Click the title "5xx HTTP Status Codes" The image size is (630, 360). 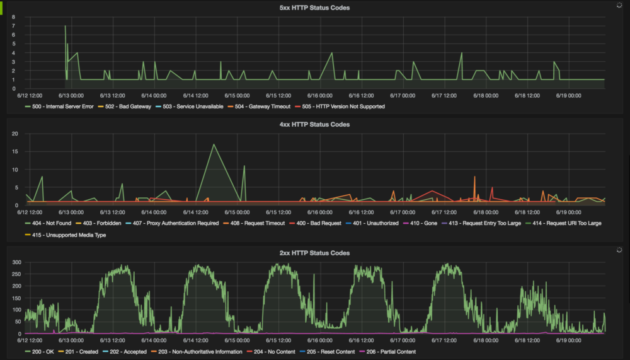[x=314, y=8]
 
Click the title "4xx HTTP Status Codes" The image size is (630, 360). [x=314, y=124]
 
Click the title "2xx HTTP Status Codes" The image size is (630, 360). [x=314, y=253]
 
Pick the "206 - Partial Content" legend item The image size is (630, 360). [x=391, y=352]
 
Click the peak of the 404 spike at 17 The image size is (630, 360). [x=214, y=144]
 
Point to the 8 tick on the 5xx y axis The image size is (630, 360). [x=13, y=17]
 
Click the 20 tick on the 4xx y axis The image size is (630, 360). [x=14, y=134]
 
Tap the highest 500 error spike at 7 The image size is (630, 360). [x=65, y=26]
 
